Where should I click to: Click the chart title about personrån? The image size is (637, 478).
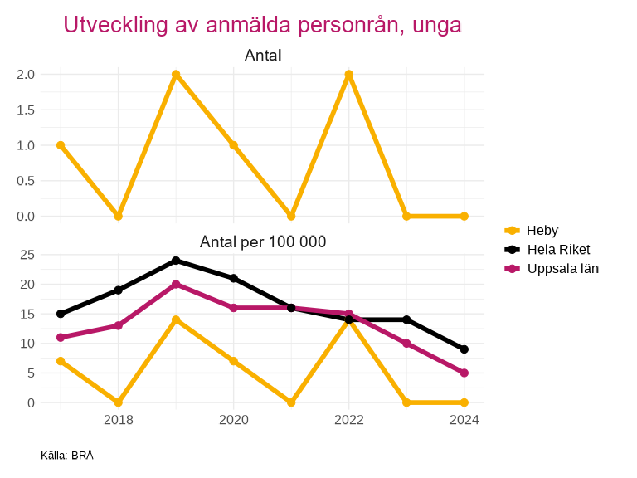(x=262, y=25)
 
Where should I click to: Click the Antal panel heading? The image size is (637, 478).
(x=263, y=56)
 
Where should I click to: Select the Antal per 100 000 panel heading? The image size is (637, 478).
(x=263, y=242)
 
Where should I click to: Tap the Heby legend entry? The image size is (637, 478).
(x=542, y=230)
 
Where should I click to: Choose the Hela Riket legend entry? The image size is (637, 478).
(x=558, y=249)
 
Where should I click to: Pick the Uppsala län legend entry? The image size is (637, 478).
(x=562, y=268)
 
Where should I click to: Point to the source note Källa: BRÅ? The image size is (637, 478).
(x=67, y=456)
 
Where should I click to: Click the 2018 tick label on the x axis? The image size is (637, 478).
(x=119, y=420)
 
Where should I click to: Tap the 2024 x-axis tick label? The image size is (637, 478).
(x=464, y=420)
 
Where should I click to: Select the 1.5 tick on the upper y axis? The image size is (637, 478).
(x=26, y=110)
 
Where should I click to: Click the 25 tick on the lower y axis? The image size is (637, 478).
(x=27, y=255)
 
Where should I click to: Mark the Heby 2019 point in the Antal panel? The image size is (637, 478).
(x=176, y=75)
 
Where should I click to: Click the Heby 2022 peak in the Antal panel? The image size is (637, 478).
(x=349, y=75)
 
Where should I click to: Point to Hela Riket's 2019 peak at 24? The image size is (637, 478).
(x=176, y=261)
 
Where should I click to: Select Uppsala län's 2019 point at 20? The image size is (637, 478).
(x=176, y=285)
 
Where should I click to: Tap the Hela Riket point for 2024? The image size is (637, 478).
(x=464, y=349)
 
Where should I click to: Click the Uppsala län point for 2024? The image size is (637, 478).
(x=464, y=373)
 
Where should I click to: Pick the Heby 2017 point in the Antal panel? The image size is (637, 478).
(x=61, y=145)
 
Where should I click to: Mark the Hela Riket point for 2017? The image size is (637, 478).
(x=61, y=314)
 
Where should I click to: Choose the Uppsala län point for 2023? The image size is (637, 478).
(x=406, y=344)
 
